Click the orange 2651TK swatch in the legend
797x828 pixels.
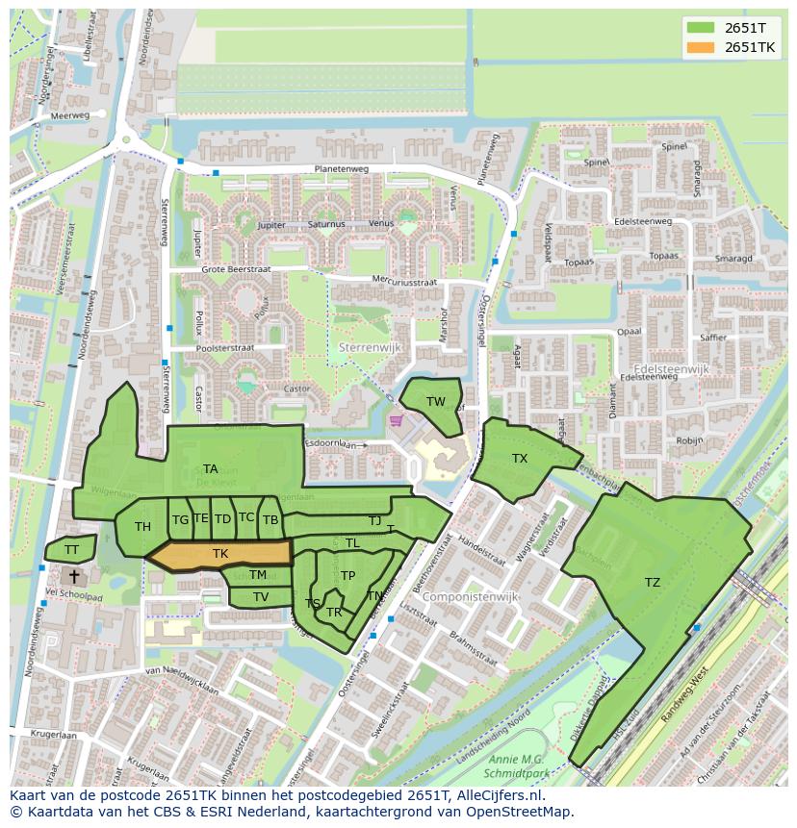701,47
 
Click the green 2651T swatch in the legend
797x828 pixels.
701,28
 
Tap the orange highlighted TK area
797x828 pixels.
220,554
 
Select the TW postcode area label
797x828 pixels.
436,402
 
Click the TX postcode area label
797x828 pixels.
520,459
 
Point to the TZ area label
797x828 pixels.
653,583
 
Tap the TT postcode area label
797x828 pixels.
71,550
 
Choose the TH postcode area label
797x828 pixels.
142,527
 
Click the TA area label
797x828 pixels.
210,469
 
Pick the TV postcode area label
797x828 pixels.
261,597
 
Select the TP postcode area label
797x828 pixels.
347,576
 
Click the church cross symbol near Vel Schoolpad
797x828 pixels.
74,575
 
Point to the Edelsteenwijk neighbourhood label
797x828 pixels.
671,368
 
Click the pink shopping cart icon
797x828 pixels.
395,420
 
